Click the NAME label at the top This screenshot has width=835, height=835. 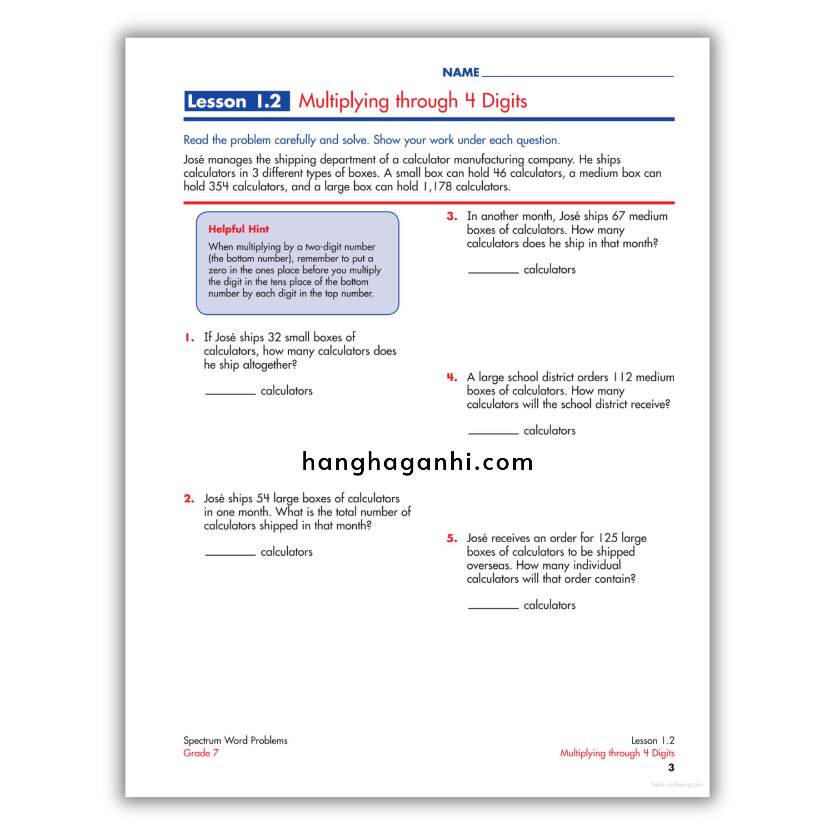tap(461, 72)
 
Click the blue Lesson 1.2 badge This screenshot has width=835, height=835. tap(236, 101)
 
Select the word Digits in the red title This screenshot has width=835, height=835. tap(504, 101)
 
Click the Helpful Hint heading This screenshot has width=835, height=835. tap(239, 229)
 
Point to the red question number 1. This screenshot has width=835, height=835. tap(190, 338)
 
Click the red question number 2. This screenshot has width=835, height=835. tap(189, 499)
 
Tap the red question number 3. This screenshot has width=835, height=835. tap(452, 216)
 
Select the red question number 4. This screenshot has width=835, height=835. tap(452, 377)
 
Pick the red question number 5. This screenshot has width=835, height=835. tap(452, 539)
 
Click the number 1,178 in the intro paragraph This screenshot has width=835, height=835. tap(437, 187)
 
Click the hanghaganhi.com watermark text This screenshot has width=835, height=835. tap(417, 462)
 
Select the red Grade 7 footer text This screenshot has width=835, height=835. tap(201, 753)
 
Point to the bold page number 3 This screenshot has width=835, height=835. tap(671, 768)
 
